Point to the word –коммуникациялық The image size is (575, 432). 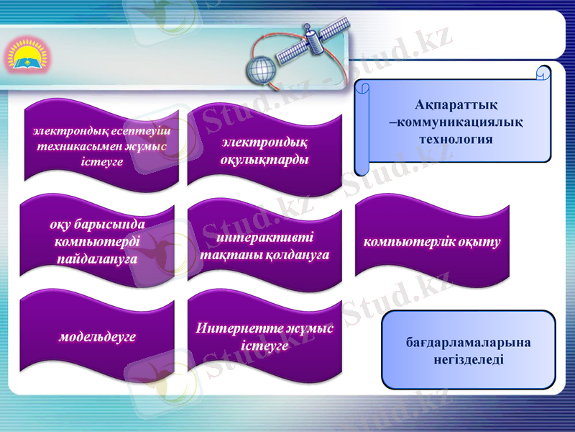coord(455,122)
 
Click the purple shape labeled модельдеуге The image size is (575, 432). coord(98,336)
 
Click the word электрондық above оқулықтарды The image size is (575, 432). coord(264,143)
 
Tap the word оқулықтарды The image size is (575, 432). coord(264,159)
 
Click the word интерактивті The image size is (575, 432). coord(264,238)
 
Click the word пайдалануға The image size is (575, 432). coord(97,258)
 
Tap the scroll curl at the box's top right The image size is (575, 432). coord(545,73)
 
